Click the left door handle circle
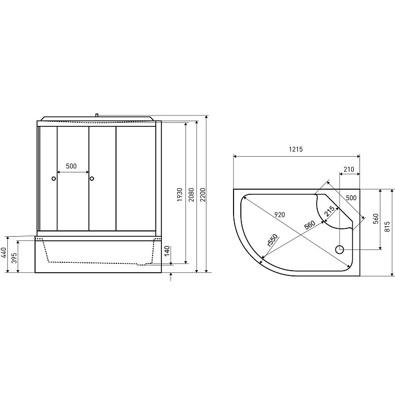point(53,179)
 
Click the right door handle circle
point(92,179)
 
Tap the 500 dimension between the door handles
point(72,166)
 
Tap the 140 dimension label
point(167,251)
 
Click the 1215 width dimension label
point(296,149)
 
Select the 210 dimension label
point(349,169)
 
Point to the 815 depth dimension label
point(387,226)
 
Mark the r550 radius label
point(271,240)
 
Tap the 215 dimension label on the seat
point(329,212)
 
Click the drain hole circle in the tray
point(339,250)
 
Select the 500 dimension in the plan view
point(351,198)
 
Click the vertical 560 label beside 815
point(375,218)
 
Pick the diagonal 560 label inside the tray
point(309,226)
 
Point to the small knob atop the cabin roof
point(97,114)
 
